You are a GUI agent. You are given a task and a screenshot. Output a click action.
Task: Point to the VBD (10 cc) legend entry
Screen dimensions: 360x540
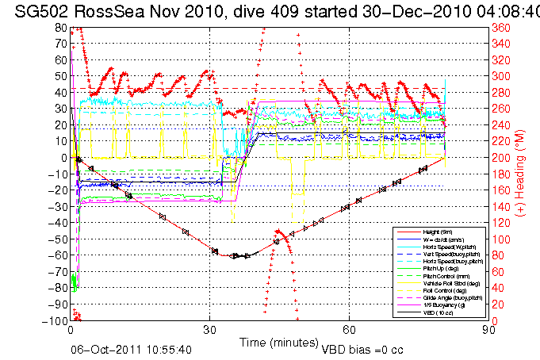tap(437, 312)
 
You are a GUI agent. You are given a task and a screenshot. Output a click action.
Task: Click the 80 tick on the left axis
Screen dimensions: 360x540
tap(60, 27)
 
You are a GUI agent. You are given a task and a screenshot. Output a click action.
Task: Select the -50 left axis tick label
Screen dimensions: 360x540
tap(58, 239)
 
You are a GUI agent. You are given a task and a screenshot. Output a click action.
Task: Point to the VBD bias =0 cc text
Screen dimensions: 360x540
tap(363, 349)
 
